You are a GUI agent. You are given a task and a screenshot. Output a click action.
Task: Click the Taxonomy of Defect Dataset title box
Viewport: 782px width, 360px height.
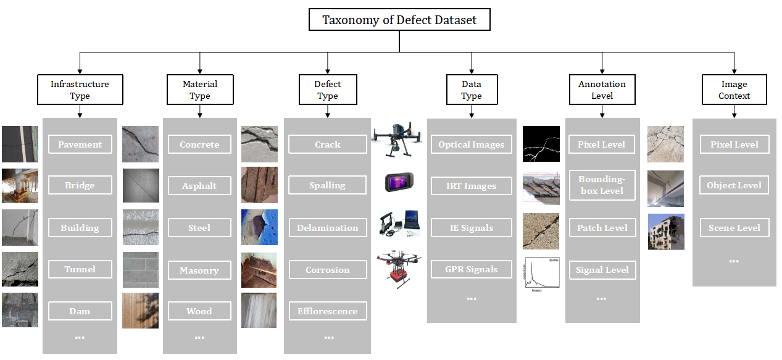[x=399, y=20]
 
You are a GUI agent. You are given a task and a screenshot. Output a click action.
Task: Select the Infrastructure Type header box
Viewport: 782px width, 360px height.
[x=80, y=90]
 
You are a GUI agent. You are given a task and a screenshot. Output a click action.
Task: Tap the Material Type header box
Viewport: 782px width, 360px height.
[x=200, y=90]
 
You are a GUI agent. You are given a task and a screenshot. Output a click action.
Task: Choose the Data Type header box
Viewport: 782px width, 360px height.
[x=472, y=90]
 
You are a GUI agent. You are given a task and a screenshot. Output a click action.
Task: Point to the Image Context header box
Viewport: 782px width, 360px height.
[x=734, y=90]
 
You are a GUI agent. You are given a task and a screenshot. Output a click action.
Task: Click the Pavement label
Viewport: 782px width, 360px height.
[x=80, y=144]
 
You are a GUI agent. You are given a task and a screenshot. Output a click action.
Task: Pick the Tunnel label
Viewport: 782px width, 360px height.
[x=80, y=269]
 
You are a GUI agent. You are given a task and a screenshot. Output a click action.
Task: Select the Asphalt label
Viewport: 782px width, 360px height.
[x=199, y=186]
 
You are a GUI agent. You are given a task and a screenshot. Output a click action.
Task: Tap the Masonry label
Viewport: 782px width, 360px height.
[x=199, y=270]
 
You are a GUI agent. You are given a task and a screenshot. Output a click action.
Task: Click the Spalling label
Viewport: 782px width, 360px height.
[x=327, y=185]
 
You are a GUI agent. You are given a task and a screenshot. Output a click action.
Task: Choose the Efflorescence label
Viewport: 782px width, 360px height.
[x=327, y=311]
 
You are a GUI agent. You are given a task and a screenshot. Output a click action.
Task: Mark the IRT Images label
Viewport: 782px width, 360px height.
[x=472, y=186]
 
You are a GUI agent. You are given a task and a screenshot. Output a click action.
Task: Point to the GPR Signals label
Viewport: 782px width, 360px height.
[x=472, y=269]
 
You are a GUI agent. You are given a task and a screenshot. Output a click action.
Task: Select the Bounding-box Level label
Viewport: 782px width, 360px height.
[x=602, y=185]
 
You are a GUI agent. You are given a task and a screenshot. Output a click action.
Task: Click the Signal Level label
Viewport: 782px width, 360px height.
[x=602, y=270]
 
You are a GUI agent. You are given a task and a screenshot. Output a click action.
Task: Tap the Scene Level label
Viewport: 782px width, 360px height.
[x=734, y=228]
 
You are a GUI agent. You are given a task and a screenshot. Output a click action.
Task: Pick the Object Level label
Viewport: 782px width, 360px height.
[x=734, y=185]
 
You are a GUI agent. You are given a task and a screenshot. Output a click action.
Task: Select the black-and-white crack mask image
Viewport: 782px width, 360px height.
[x=541, y=144]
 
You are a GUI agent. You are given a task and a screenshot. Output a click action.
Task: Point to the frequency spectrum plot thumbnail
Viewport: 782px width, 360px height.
[x=541, y=274]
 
